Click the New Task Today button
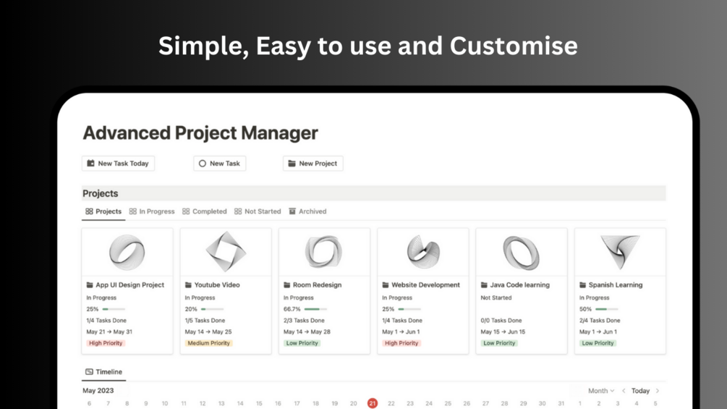click(118, 163)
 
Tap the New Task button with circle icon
click(220, 163)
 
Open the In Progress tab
click(152, 211)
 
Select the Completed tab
click(205, 211)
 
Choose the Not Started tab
click(258, 211)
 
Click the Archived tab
click(308, 211)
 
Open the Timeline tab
click(104, 372)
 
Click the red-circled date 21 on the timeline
click(373, 403)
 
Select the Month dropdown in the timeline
click(601, 391)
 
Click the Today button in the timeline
click(640, 391)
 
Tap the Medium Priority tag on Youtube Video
click(208, 343)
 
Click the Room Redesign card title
click(317, 284)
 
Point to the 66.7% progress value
click(292, 309)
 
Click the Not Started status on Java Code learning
click(496, 298)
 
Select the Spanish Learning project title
click(616, 284)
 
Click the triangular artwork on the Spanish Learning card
click(620, 251)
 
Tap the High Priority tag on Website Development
click(401, 343)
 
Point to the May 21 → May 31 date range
click(109, 332)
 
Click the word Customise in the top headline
click(514, 46)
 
